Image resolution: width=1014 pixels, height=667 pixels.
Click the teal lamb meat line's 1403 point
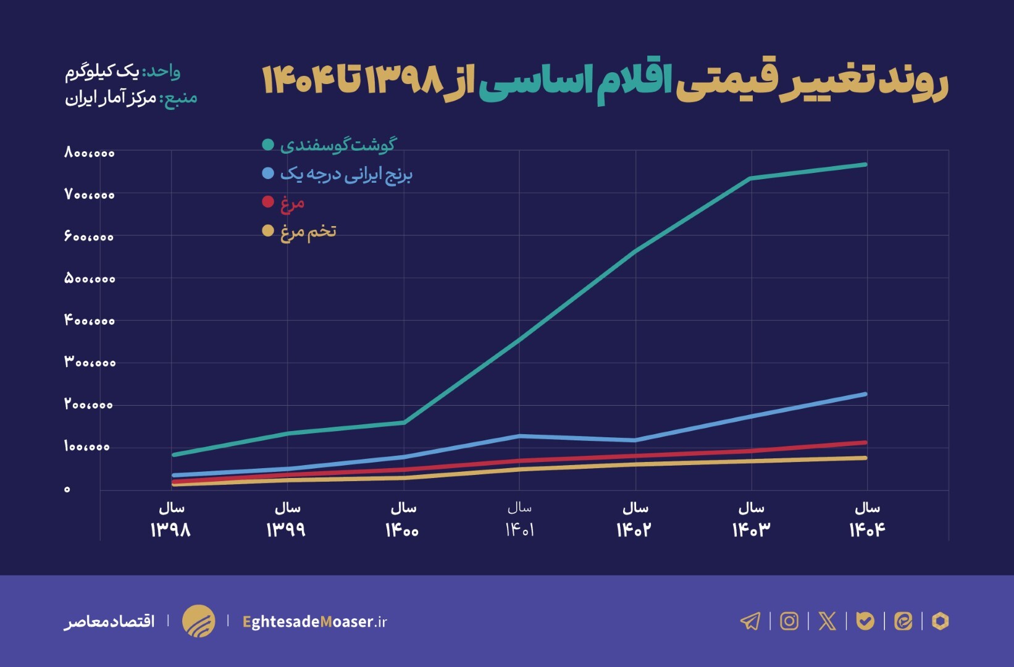click(x=750, y=178)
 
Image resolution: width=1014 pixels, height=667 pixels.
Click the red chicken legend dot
click(x=268, y=201)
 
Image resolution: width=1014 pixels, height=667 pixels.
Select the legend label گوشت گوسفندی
click(x=338, y=145)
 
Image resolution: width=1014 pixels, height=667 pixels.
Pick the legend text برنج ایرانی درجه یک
click(x=346, y=174)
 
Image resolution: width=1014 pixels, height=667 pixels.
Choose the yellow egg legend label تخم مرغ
click(x=308, y=232)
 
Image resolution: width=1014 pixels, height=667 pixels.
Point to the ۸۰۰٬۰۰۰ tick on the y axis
click(x=90, y=153)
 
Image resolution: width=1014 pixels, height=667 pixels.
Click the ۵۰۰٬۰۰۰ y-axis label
click(x=90, y=279)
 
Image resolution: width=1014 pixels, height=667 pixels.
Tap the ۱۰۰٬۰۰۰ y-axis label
click(x=87, y=447)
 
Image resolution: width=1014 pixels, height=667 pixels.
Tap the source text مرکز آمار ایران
click(x=111, y=99)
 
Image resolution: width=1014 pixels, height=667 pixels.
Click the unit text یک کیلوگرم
click(x=103, y=72)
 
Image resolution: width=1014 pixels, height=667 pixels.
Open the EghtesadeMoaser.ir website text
click(x=315, y=621)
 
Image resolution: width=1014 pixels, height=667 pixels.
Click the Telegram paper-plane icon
click(x=750, y=621)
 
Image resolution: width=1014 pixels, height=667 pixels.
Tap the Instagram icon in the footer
click(x=789, y=621)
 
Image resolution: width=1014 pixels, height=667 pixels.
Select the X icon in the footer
click(x=827, y=621)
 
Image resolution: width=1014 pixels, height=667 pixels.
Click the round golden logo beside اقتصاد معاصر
click(x=199, y=621)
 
